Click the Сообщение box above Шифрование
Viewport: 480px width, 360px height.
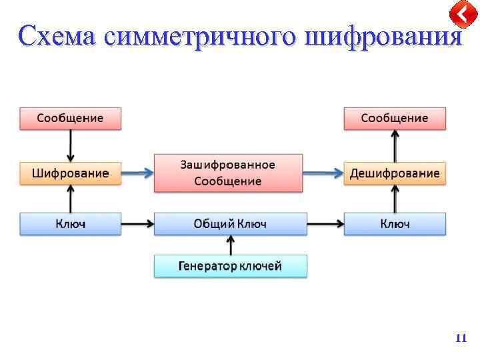70,118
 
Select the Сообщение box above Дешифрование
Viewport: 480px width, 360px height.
394,118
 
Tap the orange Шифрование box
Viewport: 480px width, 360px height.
70,173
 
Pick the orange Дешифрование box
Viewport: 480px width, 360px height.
394,173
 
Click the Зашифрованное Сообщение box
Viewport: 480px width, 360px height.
228,173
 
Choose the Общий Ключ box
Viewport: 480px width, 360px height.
230,224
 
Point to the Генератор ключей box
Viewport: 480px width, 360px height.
230,266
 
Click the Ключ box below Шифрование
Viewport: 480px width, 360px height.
70,224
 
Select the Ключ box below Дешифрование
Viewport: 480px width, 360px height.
394,224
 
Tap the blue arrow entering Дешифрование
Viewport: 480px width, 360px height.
323,174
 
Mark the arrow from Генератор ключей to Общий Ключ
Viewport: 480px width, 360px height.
231,245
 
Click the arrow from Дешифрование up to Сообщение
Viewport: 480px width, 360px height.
395,145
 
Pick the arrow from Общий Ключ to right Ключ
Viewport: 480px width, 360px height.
325,224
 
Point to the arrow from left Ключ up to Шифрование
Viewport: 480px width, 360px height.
71,199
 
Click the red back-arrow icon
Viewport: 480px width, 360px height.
462,14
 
